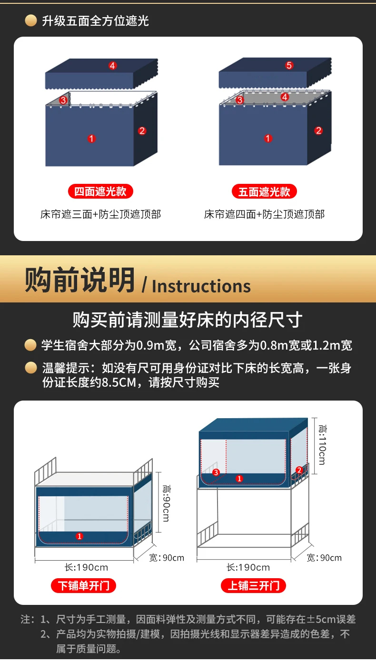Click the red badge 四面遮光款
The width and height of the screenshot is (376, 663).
tap(100, 191)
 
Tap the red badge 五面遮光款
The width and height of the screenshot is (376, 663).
tap(264, 191)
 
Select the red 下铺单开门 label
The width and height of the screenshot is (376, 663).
tap(83, 585)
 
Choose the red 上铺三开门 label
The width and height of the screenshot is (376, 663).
tap(254, 585)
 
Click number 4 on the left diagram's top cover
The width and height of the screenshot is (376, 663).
tap(112, 66)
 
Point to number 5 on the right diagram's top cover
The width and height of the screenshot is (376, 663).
tap(289, 65)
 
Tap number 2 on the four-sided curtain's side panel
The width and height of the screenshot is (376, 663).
tap(142, 131)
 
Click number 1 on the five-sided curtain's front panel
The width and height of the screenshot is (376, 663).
tap(268, 138)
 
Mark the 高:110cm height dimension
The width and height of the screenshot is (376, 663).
tap(322, 445)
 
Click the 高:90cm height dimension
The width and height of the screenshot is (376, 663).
tap(166, 503)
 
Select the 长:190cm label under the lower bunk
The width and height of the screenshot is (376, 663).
tap(86, 567)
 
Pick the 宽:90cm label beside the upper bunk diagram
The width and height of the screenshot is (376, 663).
tap(324, 558)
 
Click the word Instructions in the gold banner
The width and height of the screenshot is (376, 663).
tap(201, 286)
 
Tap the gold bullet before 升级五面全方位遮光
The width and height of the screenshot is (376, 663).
tap(31, 21)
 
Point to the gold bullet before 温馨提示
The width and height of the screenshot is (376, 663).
tap(31, 368)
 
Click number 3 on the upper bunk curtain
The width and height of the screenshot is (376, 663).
tap(216, 472)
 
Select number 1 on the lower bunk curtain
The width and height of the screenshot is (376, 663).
tap(79, 536)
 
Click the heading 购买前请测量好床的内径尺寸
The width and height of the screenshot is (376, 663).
tap(188, 320)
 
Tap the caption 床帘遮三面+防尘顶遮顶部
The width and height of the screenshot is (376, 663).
tap(101, 214)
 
